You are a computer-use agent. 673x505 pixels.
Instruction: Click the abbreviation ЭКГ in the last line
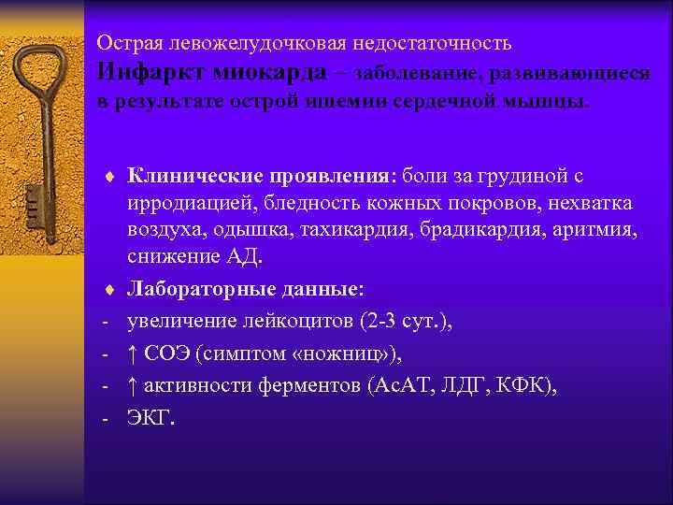click(150, 417)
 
